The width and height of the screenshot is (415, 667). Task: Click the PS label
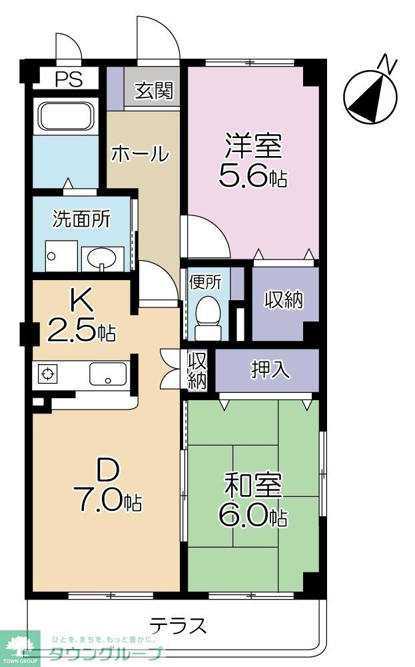(68, 79)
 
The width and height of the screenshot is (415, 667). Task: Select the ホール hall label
(139, 154)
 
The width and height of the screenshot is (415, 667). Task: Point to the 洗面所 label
(81, 219)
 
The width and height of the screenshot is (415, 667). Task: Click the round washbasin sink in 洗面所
(102, 257)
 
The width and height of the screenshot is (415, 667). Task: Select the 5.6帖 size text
(252, 177)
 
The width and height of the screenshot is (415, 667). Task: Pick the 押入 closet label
(270, 370)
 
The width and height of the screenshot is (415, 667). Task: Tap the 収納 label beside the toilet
(284, 300)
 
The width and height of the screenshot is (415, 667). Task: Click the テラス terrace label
(177, 626)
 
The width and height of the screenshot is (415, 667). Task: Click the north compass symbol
(372, 95)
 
